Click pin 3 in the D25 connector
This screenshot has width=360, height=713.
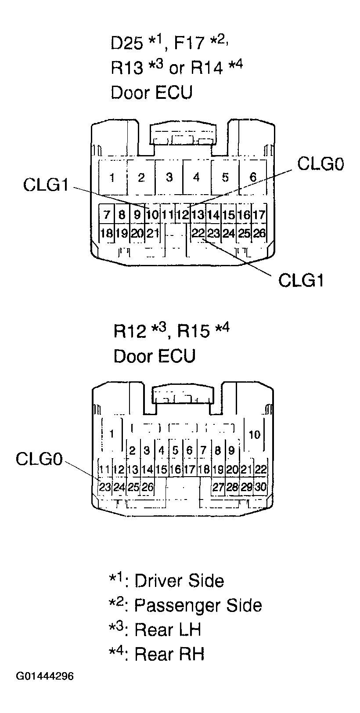[x=169, y=177]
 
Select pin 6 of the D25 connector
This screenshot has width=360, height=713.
[x=253, y=177]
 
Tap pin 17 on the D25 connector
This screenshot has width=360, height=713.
[x=259, y=215]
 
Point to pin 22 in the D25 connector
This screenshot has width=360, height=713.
[x=198, y=233]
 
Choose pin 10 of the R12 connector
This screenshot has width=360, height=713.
[x=254, y=435]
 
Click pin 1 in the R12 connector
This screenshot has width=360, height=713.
[x=112, y=434]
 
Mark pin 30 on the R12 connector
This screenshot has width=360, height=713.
[x=260, y=486]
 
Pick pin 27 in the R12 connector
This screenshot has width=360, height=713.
[x=218, y=486]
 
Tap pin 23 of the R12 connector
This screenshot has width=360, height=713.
[x=104, y=486]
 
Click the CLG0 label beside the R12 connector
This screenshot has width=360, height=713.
[x=39, y=459]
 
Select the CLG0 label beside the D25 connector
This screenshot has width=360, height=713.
[x=320, y=164]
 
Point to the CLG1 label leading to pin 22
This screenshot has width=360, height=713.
[x=301, y=280]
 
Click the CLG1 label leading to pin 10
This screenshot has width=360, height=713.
[x=46, y=185]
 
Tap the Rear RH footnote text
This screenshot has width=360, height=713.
[x=169, y=654]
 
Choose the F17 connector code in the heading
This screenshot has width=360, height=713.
[x=190, y=43]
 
